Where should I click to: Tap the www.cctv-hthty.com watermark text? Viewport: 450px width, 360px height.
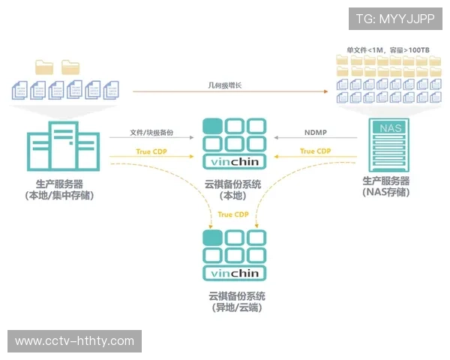click(74, 341)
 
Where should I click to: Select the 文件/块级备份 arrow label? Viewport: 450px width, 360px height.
click(151, 133)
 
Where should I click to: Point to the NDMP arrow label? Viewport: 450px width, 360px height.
click(315, 133)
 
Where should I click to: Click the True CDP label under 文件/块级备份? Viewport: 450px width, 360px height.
click(151, 152)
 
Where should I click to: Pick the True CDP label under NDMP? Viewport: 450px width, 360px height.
click(316, 151)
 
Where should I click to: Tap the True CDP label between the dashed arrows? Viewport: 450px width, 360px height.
click(233, 214)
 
